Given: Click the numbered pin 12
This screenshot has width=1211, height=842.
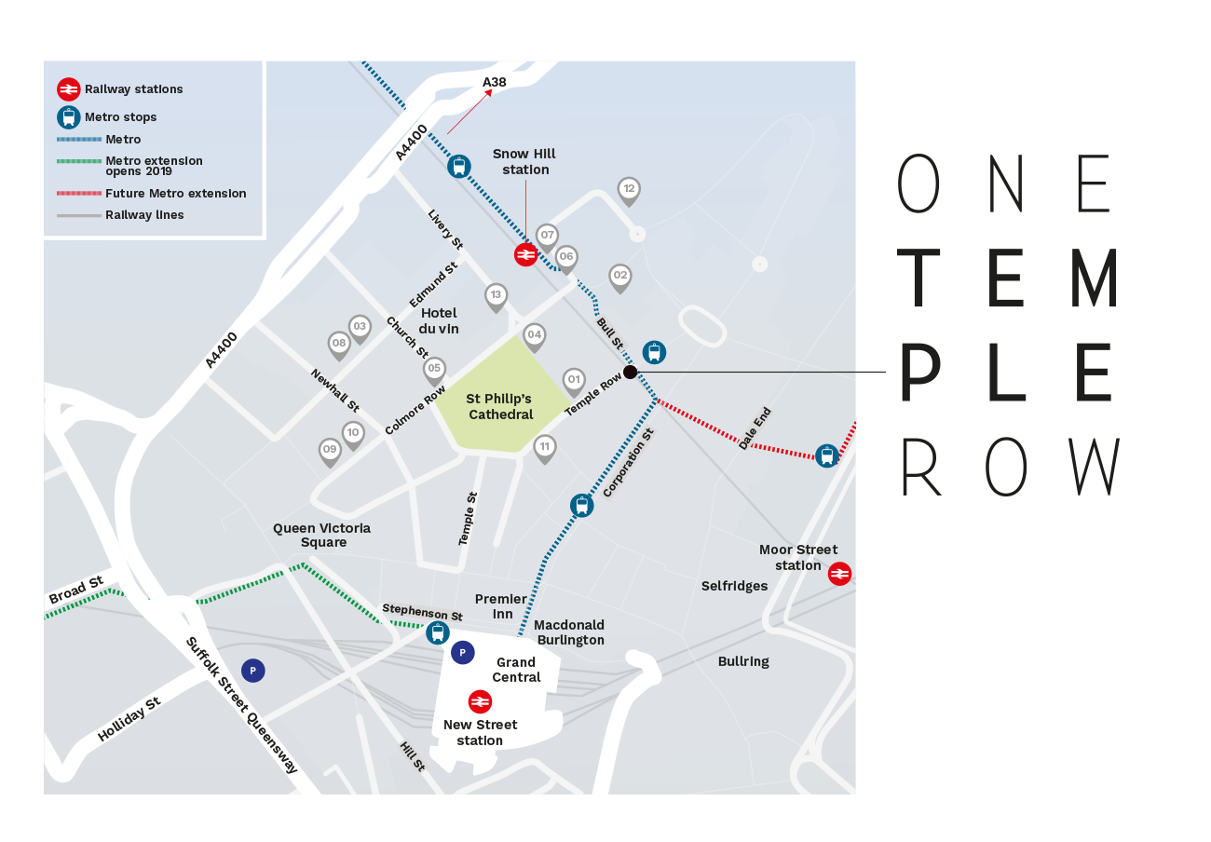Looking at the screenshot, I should (x=629, y=190).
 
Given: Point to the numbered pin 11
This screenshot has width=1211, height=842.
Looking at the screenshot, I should (x=545, y=447).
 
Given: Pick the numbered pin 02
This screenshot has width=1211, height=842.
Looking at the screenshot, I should (x=619, y=276).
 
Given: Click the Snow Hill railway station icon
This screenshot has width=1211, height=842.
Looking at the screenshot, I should (x=525, y=255).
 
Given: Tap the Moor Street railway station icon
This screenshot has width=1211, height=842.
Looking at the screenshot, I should (x=839, y=574).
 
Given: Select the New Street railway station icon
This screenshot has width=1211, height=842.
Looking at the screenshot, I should (x=480, y=701).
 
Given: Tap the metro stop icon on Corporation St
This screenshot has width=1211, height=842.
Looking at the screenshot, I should (x=581, y=506).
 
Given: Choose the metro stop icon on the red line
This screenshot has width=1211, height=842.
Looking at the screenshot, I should (x=826, y=455).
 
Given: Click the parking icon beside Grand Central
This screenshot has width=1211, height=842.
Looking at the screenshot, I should (x=462, y=653).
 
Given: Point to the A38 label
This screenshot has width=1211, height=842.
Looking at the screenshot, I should (x=495, y=83).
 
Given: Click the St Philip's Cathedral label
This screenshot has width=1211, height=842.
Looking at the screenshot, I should (x=500, y=407).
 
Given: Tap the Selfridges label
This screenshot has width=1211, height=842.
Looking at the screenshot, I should (x=734, y=586).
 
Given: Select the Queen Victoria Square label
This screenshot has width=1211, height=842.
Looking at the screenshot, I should (x=321, y=535).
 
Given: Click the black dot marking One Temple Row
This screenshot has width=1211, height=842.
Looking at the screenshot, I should (x=630, y=373).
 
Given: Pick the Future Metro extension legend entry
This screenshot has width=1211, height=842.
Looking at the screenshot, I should (x=175, y=194).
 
